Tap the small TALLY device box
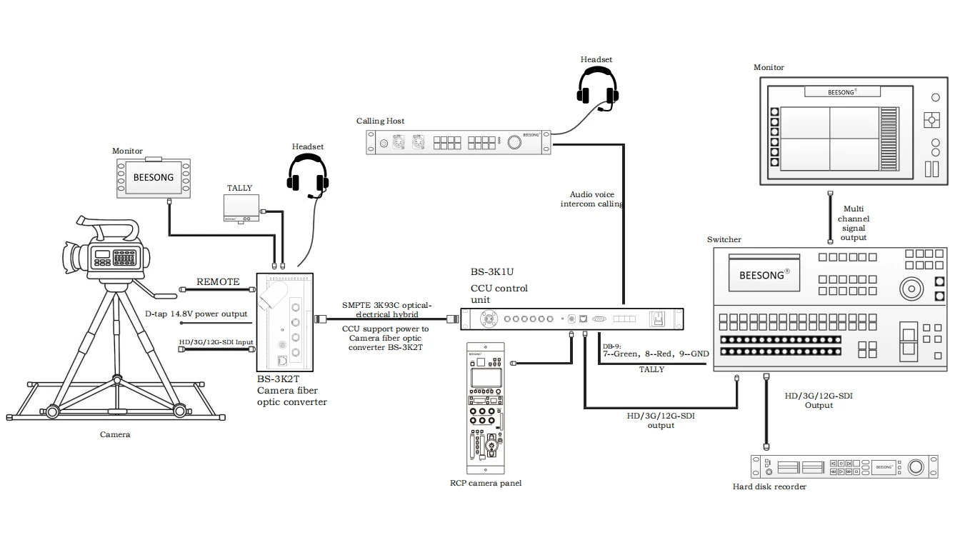(241, 208)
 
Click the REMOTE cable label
(218, 281)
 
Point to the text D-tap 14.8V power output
(196, 314)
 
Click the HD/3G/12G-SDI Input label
(216, 342)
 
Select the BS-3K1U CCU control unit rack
(571, 319)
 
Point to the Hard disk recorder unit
(844, 466)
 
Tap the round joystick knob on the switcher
(911, 289)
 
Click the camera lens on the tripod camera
(71, 255)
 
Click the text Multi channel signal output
(853, 223)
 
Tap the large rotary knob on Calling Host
(514, 142)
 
